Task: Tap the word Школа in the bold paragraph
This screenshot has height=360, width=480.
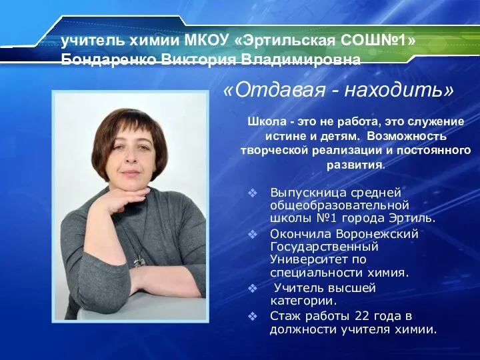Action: tap(267, 121)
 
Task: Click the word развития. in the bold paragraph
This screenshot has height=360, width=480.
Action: tap(355, 165)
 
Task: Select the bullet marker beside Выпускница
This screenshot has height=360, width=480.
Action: tap(253, 193)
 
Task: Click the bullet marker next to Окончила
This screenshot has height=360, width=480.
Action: tap(253, 234)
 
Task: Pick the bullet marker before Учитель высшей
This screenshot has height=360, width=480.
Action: tap(253, 288)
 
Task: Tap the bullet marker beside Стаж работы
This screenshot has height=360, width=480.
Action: tap(253, 316)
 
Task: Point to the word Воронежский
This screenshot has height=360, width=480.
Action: tap(377, 234)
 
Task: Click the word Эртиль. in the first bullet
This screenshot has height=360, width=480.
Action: tap(412, 218)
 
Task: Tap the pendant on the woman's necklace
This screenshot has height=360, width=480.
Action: tap(139, 261)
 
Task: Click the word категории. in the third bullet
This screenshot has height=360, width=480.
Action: tap(303, 301)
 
